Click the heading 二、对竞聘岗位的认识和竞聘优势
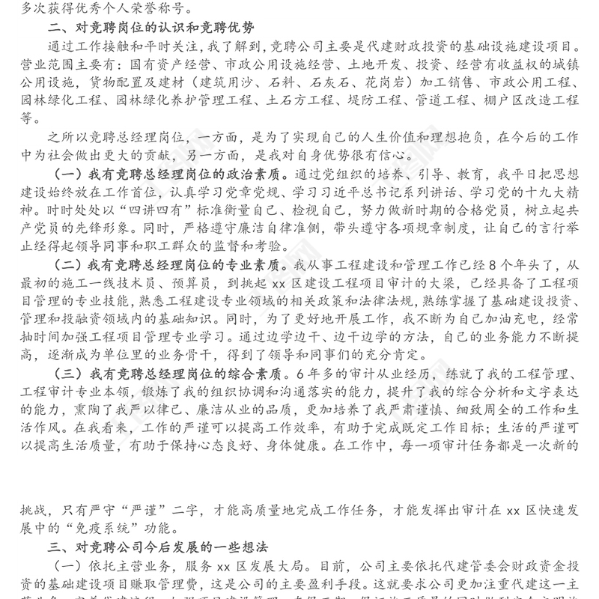click(x=152, y=29)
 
